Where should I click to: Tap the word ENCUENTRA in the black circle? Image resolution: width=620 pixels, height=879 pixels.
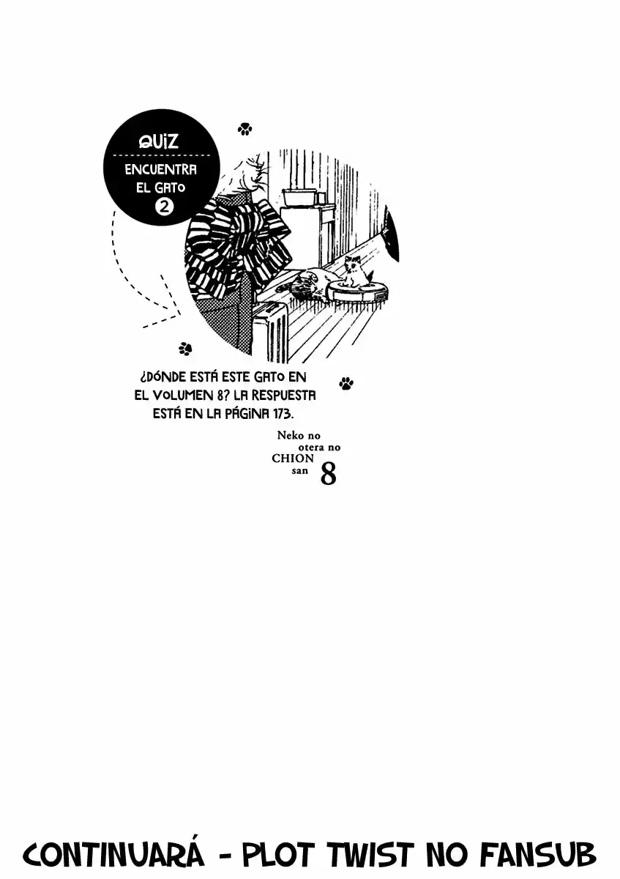(x=161, y=169)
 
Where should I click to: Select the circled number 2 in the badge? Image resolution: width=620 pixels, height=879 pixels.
(x=165, y=206)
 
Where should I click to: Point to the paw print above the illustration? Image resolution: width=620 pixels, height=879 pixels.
(x=244, y=128)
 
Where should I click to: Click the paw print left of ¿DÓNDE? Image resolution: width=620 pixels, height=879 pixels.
(x=185, y=348)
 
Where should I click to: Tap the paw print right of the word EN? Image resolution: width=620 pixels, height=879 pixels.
(x=346, y=383)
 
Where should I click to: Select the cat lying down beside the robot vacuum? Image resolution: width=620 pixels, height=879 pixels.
(x=310, y=282)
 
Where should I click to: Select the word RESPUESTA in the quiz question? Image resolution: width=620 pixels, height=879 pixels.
(x=283, y=395)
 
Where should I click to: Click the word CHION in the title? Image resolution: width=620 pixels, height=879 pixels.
(x=293, y=459)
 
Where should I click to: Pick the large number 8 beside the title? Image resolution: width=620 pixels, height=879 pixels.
(x=329, y=474)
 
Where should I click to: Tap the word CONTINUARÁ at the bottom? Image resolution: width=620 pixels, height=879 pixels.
(x=114, y=853)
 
